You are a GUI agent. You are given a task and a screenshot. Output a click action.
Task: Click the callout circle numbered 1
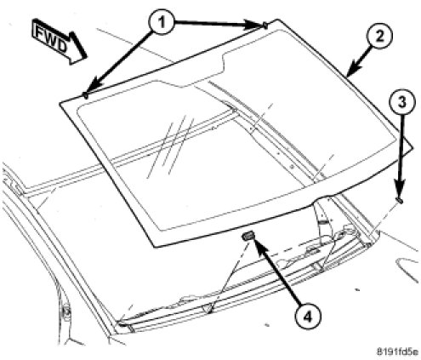tap(162, 22)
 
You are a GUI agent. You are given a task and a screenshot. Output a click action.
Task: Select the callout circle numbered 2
tap(379, 36)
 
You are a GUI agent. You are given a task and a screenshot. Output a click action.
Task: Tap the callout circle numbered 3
tap(402, 102)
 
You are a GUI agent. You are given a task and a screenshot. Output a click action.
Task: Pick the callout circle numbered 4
tap(308, 317)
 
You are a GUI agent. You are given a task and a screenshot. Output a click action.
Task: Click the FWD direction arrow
tap(59, 42)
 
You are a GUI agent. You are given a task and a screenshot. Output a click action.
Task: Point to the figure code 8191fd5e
tap(397, 352)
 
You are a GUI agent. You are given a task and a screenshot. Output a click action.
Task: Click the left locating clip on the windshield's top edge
tap(85, 95)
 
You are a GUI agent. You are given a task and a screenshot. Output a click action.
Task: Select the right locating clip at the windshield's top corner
tap(265, 26)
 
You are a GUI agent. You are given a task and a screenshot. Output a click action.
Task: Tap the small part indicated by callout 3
tap(400, 200)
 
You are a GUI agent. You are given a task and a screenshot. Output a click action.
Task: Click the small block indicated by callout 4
tap(247, 235)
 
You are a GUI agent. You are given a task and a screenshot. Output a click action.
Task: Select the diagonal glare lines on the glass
tap(171, 147)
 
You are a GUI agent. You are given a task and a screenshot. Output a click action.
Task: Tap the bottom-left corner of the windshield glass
tap(155, 247)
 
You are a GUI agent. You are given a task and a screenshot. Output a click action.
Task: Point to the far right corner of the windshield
tap(412, 148)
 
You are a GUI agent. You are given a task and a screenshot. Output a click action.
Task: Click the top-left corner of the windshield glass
tap(60, 103)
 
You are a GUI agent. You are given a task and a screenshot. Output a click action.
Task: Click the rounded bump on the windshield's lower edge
tap(325, 197)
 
